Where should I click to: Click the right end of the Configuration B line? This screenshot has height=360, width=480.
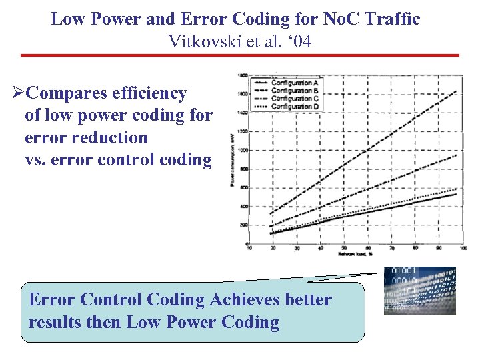point(456,155)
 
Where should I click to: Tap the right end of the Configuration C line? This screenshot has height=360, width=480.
point(456,189)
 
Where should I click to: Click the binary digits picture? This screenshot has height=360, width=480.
point(420,291)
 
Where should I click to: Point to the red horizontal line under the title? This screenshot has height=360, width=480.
point(240,55)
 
